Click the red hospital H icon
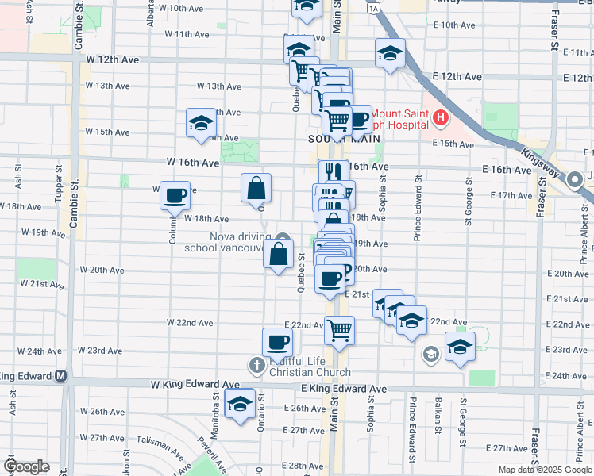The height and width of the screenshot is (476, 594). pos(441,120)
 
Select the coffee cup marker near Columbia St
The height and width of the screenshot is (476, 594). pos(175,194)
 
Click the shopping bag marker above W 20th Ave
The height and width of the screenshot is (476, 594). pos(278,255)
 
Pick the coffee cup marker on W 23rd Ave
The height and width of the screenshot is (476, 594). pos(278,342)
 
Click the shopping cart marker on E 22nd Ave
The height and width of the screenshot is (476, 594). pos(339,328)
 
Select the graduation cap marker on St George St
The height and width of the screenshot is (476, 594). pos(460,346)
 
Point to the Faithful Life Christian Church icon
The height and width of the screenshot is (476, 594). pos(256,366)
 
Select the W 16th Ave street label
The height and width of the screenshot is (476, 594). pos(193,162)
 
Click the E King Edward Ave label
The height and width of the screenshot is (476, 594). pos(343,389)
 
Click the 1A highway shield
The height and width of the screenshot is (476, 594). pos(372,9)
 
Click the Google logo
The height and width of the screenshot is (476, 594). pos(27,466)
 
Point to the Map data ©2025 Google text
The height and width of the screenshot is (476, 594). pos(543,470)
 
